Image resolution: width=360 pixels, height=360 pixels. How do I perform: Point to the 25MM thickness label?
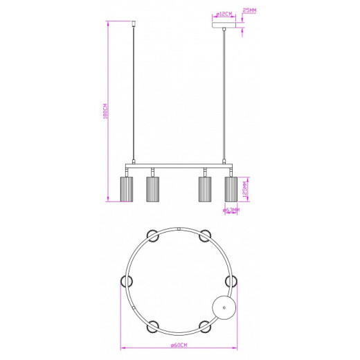(x=249, y=10)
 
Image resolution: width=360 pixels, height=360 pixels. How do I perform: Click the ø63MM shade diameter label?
(x=231, y=210)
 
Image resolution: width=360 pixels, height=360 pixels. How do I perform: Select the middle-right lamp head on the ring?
(x=232, y=280)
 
